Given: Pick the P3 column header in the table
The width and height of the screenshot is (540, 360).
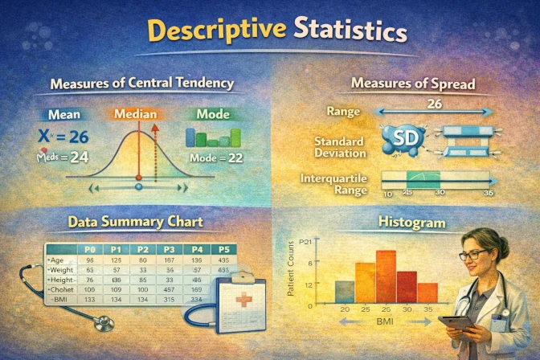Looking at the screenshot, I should (169, 250).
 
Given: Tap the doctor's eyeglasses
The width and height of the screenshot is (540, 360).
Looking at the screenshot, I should (473, 255).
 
